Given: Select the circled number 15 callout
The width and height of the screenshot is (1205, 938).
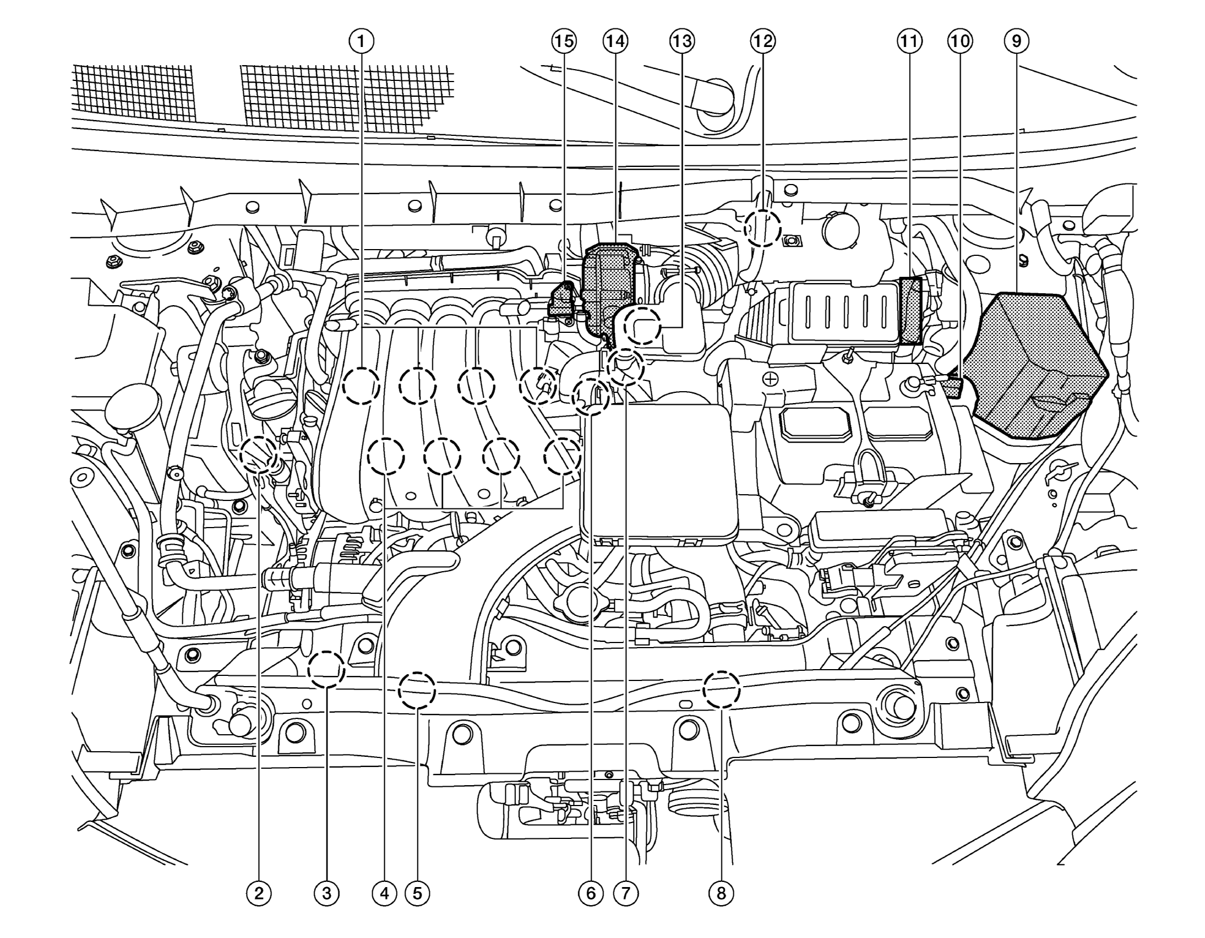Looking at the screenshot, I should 563,41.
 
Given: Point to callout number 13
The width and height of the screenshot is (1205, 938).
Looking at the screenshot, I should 682,41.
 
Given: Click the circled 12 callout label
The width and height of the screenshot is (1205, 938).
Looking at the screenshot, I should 763,41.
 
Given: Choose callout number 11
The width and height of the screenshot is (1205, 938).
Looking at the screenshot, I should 909,41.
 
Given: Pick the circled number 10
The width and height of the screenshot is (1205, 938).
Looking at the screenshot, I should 960,41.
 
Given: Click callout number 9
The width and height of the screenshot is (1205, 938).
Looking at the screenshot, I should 1017,41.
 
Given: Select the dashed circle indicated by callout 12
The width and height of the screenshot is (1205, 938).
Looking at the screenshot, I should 762,228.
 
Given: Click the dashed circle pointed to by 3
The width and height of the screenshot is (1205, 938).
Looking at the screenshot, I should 326,670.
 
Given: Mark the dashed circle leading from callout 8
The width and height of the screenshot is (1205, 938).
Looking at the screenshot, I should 721,689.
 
